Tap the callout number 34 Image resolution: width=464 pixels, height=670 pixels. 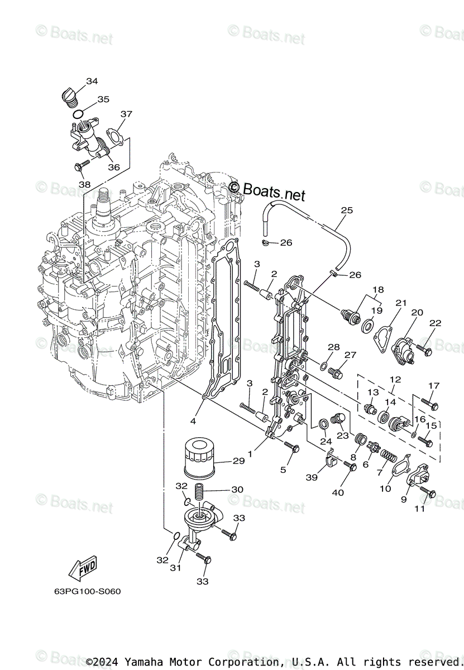[x=92, y=82]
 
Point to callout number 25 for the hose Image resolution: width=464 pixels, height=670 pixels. [x=347, y=210]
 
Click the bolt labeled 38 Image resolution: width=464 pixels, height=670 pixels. [x=82, y=166]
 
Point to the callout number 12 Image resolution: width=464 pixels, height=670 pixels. [x=395, y=380]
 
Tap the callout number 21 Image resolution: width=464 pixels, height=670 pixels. [x=400, y=303]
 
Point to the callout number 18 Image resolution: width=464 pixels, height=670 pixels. [x=379, y=290]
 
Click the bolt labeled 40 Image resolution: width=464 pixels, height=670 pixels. [x=351, y=466]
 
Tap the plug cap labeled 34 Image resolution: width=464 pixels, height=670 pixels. [x=69, y=96]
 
